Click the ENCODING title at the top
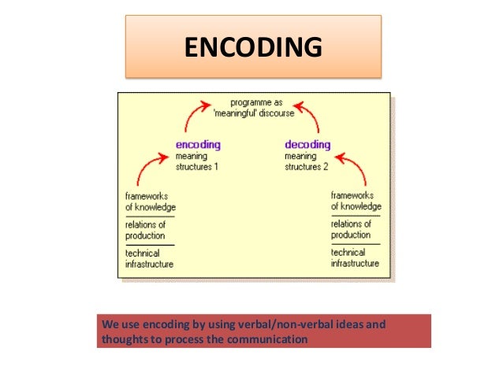coord(253,47)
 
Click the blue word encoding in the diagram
coord(197,145)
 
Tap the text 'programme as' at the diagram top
coord(256,102)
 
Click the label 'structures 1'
coord(196,166)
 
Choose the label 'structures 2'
coord(305,166)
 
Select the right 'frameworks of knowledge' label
coord(356,201)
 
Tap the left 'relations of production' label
coord(146,230)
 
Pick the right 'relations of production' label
coord(352,229)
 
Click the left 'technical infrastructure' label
coord(149,258)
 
